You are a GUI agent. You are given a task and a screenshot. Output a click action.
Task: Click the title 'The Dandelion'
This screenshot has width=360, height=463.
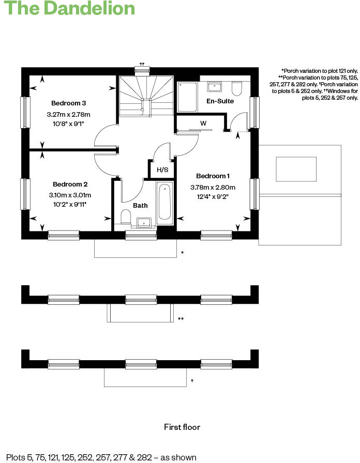tap(70, 9)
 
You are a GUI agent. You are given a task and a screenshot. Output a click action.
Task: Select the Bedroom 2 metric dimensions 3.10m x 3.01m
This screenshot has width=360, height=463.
tap(70, 195)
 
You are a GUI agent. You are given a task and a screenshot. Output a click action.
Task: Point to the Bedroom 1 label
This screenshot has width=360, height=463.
tap(213, 176)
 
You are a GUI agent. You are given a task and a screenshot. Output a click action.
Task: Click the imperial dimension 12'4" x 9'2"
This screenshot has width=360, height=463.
tap(213, 196)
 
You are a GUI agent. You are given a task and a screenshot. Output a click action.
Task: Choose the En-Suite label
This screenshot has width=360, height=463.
tap(220, 101)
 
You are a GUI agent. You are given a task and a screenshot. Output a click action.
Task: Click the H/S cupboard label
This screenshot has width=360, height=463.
tap(162, 169)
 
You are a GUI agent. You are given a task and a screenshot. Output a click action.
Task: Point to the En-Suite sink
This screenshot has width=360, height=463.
tap(214, 86)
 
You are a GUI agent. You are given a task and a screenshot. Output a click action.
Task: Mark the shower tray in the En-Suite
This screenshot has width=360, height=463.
tap(187, 97)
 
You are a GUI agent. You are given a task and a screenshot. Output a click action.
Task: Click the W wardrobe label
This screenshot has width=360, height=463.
tap(203, 123)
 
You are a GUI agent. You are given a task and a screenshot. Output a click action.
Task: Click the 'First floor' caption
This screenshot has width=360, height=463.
tap(182, 427)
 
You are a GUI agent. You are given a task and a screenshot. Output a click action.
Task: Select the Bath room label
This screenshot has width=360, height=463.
tap(140, 205)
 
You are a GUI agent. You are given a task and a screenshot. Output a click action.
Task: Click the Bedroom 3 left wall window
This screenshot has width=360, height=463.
tap(24, 112)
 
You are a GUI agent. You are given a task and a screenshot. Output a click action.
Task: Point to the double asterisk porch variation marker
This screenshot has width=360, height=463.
tap(181, 319)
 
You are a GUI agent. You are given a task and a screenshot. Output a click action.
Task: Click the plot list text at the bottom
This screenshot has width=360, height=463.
tap(101, 457)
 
